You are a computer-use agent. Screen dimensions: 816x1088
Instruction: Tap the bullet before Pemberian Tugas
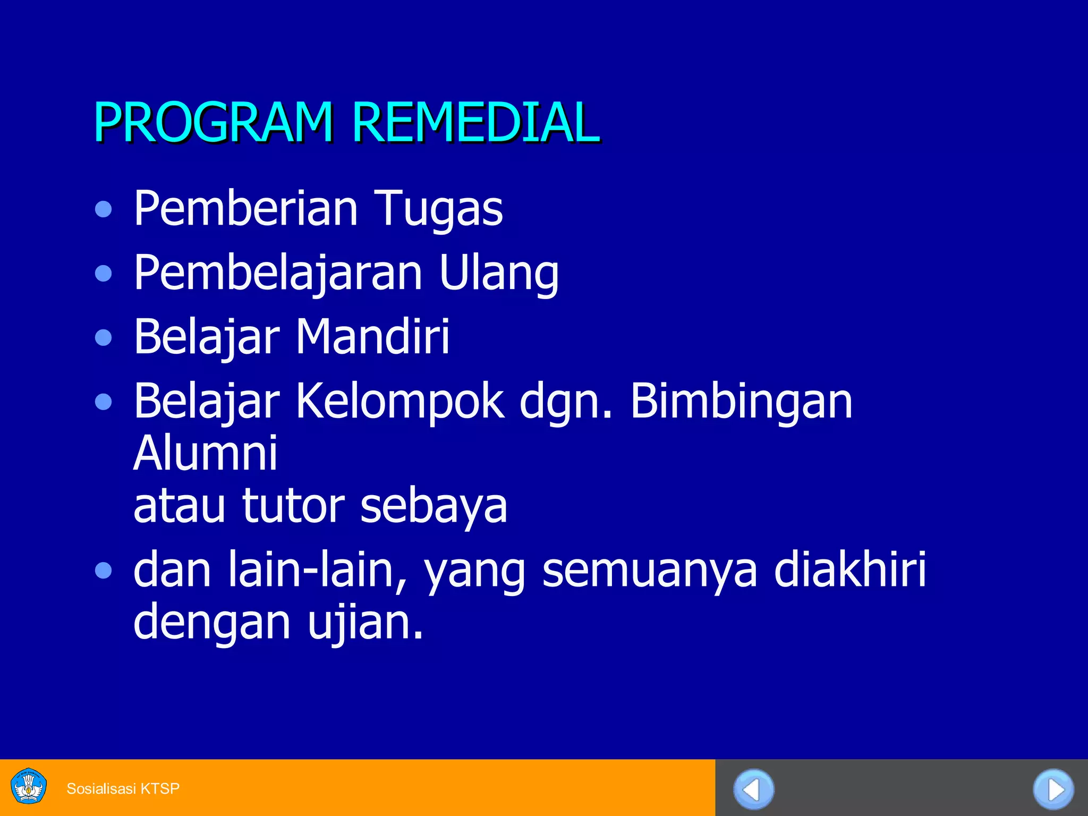(104, 209)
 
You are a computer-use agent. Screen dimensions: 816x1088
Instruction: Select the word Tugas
(439, 209)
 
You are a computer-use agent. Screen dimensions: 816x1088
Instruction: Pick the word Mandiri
(372, 336)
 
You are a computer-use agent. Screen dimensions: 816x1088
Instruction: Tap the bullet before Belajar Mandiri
(104, 337)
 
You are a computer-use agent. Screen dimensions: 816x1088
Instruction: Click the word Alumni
(206, 453)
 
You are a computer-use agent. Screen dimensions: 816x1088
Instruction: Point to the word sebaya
(433, 506)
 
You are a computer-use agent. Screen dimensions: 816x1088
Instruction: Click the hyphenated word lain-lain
(318, 570)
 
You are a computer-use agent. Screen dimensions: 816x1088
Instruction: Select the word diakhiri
(850, 569)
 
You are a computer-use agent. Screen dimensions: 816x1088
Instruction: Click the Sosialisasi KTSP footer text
(123, 788)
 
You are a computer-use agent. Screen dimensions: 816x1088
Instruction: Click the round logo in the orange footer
(29, 786)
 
